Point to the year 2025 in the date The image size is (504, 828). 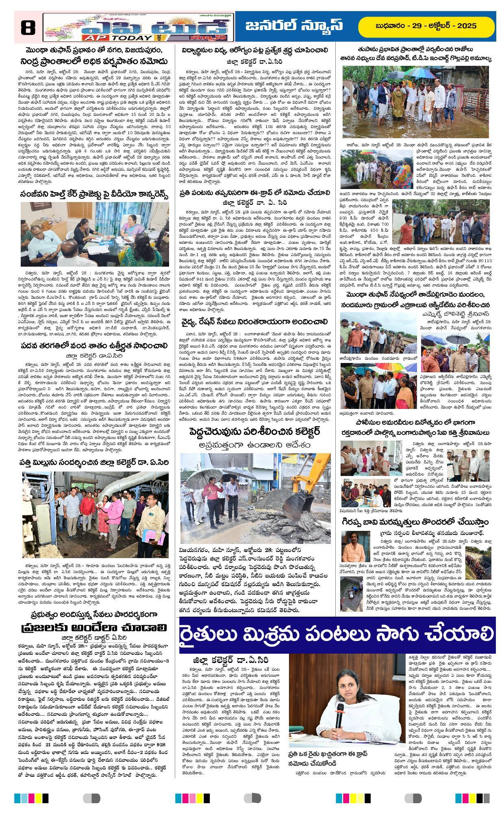coord(466,26)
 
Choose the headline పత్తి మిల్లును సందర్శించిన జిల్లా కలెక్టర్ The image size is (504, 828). coord(94,462)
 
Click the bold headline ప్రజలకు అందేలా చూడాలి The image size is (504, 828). coord(94,627)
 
